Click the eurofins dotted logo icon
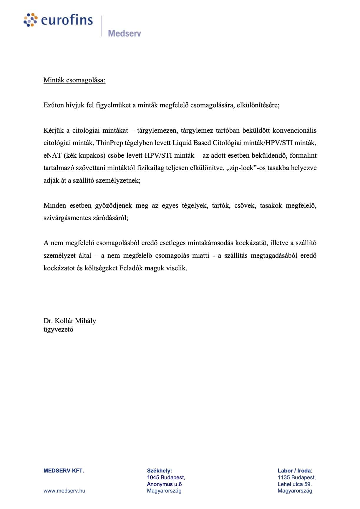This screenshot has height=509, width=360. [x=31, y=20]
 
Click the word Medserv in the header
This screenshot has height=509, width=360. [x=124, y=33]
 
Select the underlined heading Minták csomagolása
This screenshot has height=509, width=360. [x=74, y=80]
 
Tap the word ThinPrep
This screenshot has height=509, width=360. [x=109, y=143]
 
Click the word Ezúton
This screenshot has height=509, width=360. [x=54, y=105]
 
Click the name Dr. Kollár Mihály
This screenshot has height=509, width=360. [x=70, y=320]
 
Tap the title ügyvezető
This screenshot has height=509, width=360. [x=58, y=329]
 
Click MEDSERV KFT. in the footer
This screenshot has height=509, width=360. [x=64, y=470]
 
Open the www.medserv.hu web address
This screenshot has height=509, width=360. [x=64, y=490]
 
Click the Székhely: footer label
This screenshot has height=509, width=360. [x=159, y=470]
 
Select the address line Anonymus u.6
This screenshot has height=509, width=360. [x=164, y=484]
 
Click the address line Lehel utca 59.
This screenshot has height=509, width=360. [x=294, y=484]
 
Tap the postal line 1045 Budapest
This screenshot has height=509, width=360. [x=166, y=477]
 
